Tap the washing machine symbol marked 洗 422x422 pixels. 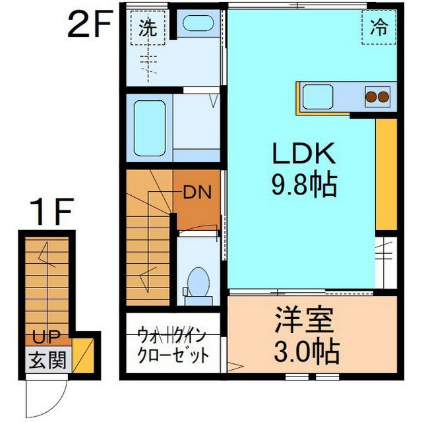[148, 28]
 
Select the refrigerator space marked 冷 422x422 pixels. [379, 28]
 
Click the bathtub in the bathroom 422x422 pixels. [150, 128]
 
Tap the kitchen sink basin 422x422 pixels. [318, 97]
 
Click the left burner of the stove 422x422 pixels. [371, 96]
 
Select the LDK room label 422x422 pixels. [304, 153]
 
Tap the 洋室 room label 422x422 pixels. [304, 320]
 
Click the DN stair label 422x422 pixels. [197, 192]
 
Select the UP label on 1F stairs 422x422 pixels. [46, 337]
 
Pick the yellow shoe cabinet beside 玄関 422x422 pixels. [83, 355]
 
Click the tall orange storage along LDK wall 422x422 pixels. [386, 174]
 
